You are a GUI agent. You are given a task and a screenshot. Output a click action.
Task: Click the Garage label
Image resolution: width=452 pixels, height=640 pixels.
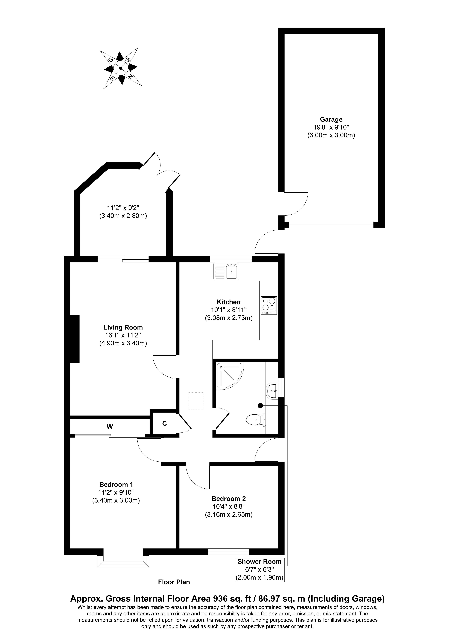click(331, 120)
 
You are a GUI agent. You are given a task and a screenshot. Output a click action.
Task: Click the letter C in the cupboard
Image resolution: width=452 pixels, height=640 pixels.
click(164, 423)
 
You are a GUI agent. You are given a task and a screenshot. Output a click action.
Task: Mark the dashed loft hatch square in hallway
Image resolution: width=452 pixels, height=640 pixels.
click(196, 401)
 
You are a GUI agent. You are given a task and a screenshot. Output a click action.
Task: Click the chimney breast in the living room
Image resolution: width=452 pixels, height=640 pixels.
click(75, 339)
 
